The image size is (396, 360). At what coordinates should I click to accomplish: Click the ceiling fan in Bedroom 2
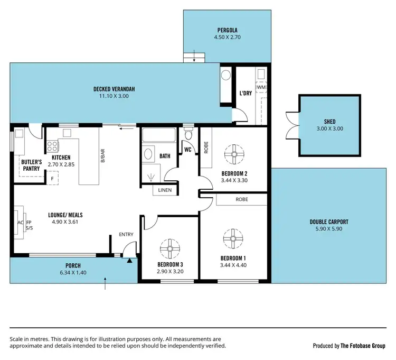(x=232, y=154)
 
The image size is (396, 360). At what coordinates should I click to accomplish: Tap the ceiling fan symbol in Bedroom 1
(x=232, y=238)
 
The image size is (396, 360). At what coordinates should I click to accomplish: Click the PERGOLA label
(x=227, y=30)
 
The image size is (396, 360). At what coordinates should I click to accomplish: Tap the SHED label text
(x=329, y=122)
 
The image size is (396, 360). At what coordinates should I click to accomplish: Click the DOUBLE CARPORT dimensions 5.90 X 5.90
(x=329, y=229)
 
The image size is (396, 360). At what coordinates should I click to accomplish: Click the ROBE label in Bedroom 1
(x=241, y=200)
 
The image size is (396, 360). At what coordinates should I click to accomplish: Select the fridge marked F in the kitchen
(x=52, y=178)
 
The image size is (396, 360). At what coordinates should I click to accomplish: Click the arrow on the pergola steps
(x=194, y=56)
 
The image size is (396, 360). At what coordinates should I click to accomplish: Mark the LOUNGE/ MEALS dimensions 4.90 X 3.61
(x=65, y=223)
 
